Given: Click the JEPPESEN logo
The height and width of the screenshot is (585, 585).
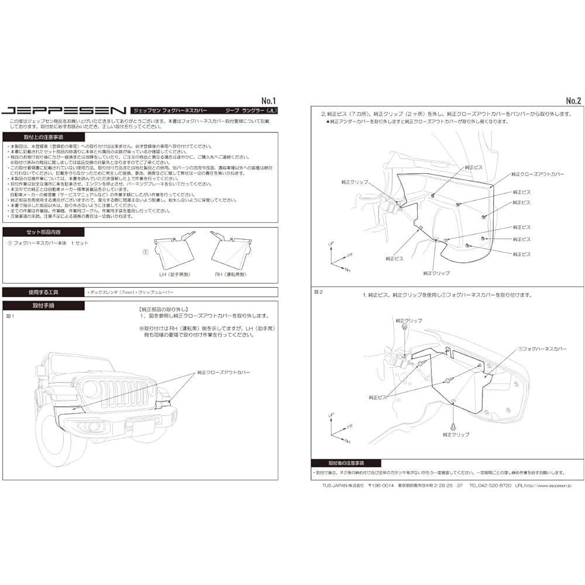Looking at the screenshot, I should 64,110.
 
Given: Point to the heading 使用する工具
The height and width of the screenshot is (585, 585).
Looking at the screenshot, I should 36,291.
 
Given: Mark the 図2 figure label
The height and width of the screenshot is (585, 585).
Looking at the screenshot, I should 318,291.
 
